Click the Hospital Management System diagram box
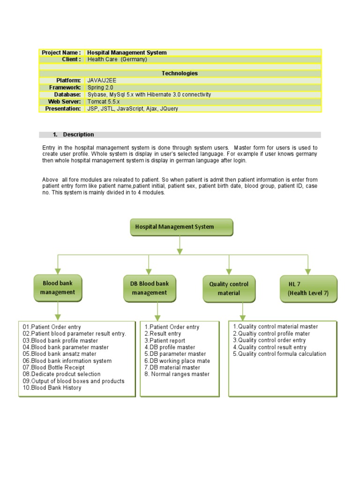tap(181, 227)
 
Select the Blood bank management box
tap(58, 288)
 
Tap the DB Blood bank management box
tap(149, 288)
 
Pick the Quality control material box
tap(229, 288)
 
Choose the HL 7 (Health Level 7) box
tap(308, 288)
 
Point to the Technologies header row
tap(180, 74)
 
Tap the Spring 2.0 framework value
tap(100, 88)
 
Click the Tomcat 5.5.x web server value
tap(104, 102)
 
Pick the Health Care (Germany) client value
tap(117, 60)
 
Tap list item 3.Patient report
tap(165, 341)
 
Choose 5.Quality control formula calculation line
tap(279, 354)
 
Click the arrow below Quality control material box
tap(242, 311)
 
